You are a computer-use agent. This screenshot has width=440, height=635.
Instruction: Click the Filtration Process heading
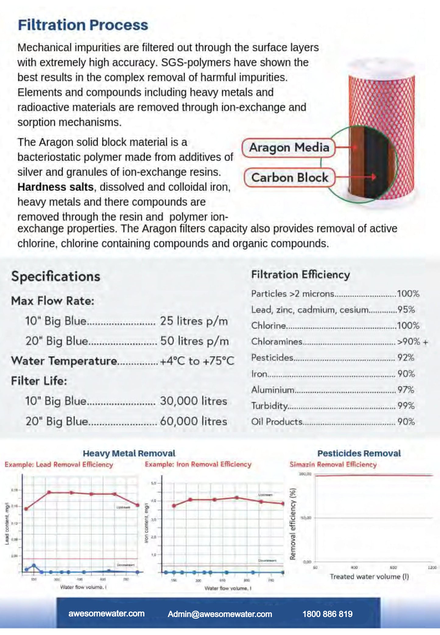point(83,25)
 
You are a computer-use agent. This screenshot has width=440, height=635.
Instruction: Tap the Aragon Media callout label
point(289,148)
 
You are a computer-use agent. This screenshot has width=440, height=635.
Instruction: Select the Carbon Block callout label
point(290,178)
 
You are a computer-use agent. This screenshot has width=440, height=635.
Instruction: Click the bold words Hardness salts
point(55,187)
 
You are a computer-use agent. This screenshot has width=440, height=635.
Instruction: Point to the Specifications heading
point(56,277)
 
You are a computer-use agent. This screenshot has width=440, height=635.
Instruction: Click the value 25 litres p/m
point(194,321)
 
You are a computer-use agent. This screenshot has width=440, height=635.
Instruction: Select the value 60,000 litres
point(194,421)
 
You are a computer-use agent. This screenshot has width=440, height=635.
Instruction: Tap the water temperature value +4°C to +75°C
point(197,361)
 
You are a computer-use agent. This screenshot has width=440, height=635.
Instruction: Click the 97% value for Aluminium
point(406,390)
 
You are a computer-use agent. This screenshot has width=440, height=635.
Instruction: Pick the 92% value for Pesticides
point(406,358)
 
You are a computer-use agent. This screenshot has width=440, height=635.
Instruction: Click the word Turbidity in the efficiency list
point(269,406)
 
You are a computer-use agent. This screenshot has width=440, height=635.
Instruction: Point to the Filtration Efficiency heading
point(300,275)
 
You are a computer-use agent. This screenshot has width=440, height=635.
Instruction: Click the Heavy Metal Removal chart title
point(129,453)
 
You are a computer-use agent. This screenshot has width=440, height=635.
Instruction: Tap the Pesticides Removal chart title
point(359,453)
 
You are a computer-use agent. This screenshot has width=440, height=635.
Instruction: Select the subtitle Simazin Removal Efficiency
point(333,465)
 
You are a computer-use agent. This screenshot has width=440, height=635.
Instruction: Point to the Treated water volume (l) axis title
point(369,577)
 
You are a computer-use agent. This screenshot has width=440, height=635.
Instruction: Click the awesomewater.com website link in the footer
point(106,614)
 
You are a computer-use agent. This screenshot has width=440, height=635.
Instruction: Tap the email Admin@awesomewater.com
point(220,614)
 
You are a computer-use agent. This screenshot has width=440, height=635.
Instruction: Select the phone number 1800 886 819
point(327,614)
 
